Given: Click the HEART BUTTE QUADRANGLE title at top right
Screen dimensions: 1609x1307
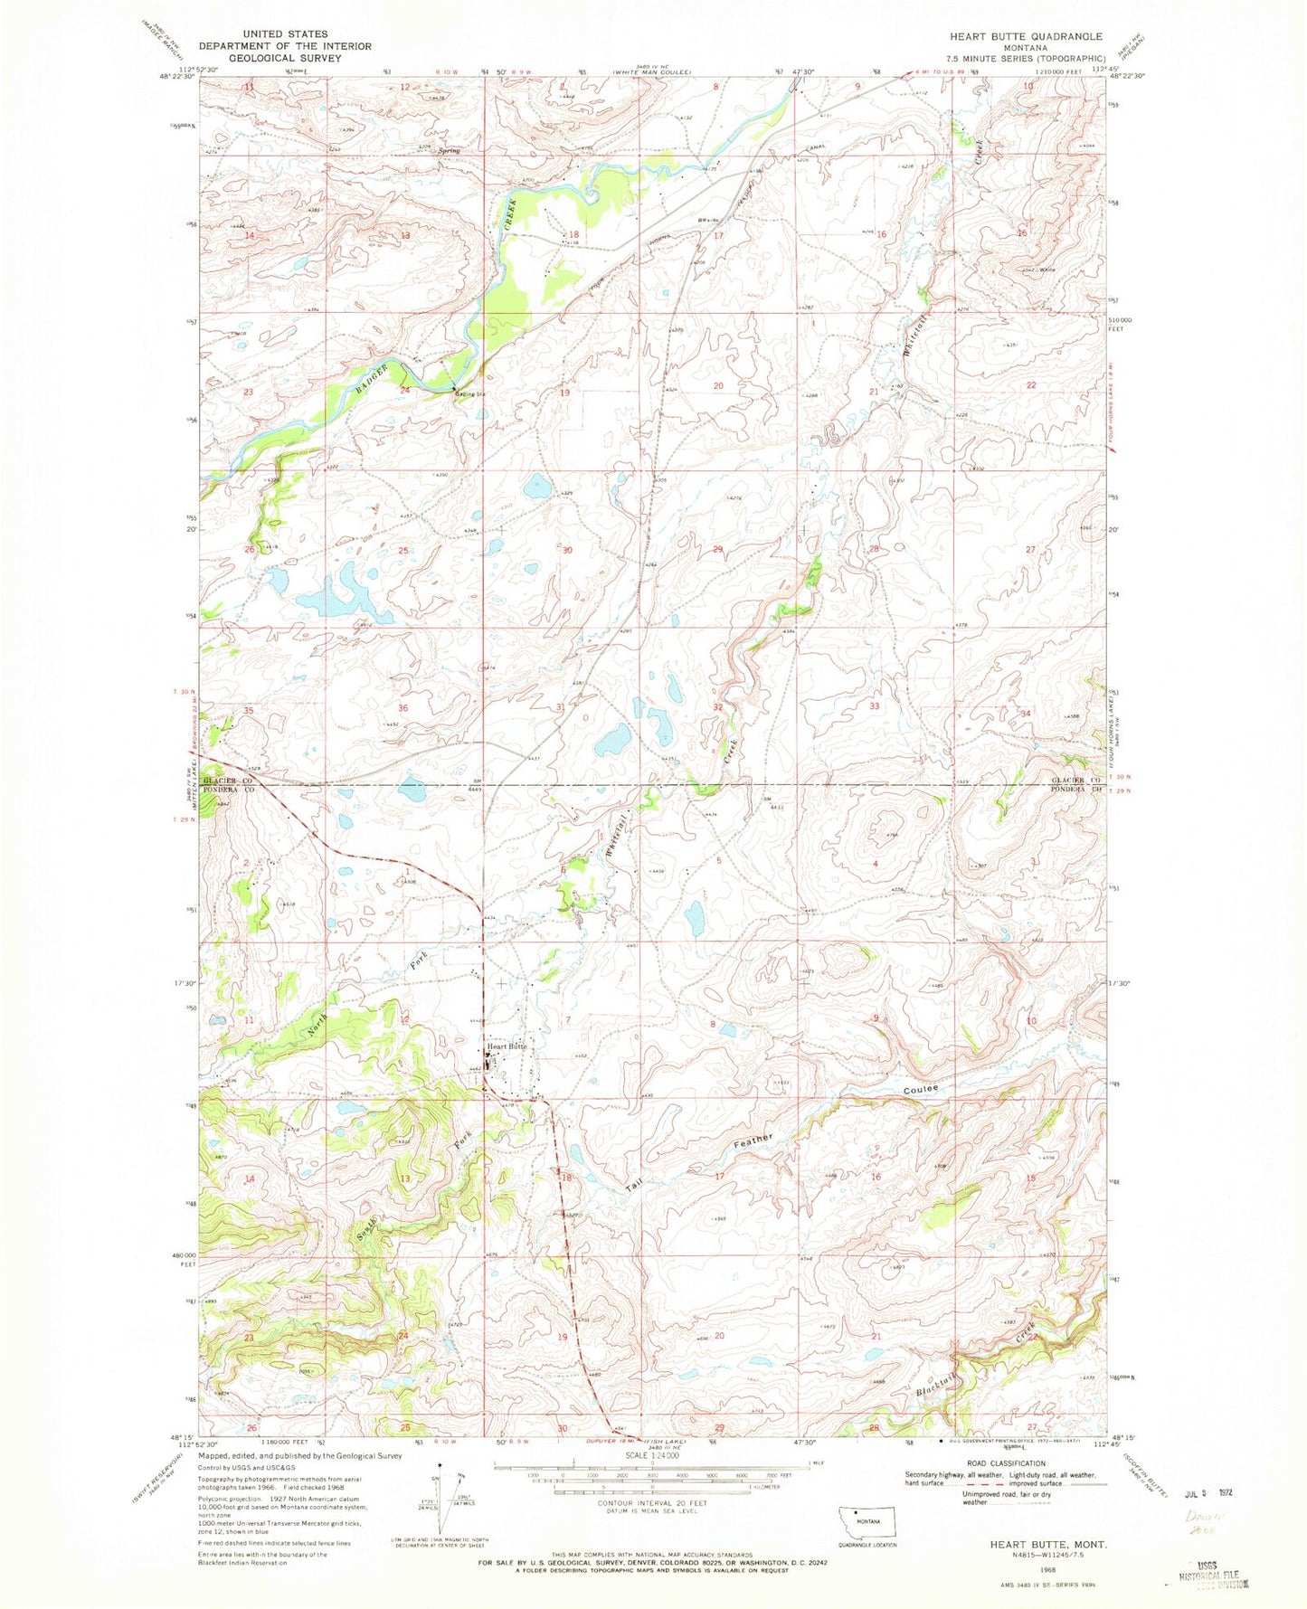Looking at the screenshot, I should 1026,36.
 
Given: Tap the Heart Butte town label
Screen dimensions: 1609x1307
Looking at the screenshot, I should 507,1046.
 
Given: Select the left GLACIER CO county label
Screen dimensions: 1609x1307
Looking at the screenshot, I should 224,780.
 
